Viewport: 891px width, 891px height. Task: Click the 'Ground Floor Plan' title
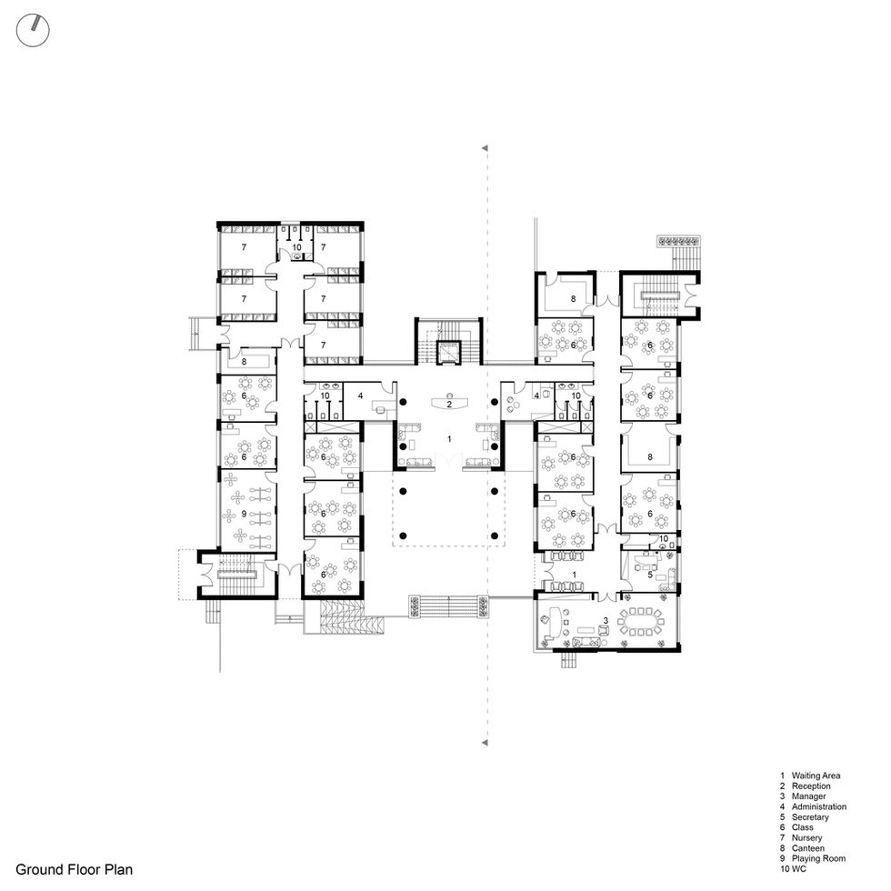(74, 869)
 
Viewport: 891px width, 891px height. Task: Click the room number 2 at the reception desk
(449, 405)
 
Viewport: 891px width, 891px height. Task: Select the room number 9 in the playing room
(244, 514)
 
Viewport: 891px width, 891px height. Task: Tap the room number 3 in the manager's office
(606, 620)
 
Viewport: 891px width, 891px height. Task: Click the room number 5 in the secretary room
(650, 575)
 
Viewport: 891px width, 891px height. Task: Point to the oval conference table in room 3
(640, 622)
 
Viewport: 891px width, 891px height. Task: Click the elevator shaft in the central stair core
(448, 353)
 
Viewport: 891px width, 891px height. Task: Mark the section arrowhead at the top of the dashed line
(485, 148)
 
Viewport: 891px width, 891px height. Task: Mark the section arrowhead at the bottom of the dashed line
(485, 743)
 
